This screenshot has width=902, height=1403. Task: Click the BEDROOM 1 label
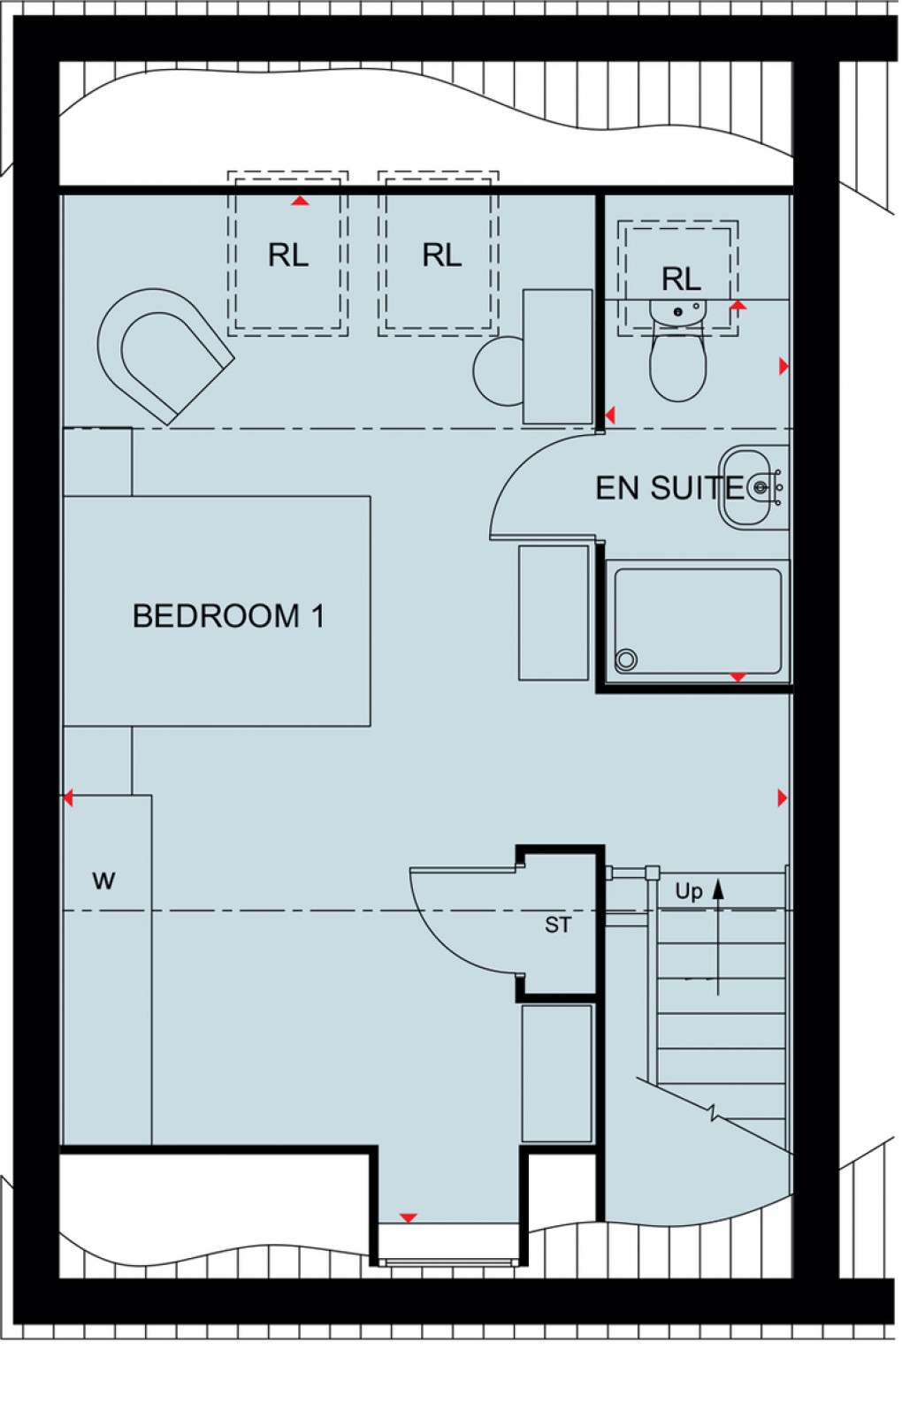coord(228,616)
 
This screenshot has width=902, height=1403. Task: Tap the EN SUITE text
coord(669,488)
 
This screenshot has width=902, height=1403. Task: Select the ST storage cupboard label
coord(557,926)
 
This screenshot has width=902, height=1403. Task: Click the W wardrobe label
coord(103,881)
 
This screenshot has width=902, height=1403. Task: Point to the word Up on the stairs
coord(688,891)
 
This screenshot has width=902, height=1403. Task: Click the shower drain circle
coord(626,659)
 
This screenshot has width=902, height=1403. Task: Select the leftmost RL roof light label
coord(288,255)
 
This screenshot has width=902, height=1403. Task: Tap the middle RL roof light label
coord(441,255)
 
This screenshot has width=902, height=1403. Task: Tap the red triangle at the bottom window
coord(408,1218)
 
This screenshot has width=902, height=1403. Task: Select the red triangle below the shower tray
coord(738,677)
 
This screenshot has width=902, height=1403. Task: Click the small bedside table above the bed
coord(97,461)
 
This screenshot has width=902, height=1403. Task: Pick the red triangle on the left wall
coord(67,798)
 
